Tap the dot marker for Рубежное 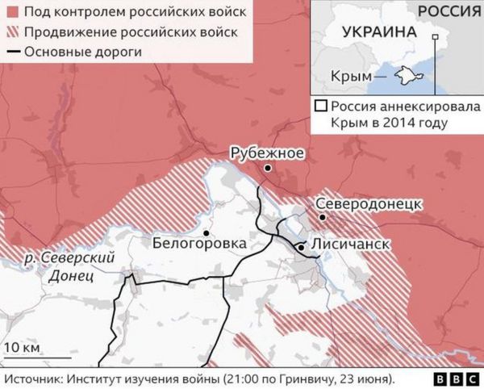click(x=267, y=168)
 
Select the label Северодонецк click(x=368, y=203)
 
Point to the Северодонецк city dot click(x=322, y=217)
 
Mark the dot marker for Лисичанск click(x=300, y=245)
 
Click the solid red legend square click(x=10, y=12)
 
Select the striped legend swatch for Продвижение click(x=10, y=32)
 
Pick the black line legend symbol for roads click(x=10, y=52)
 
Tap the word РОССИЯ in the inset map click(x=449, y=10)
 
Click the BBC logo click(x=456, y=379)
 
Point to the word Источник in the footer click(x=35, y=379)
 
